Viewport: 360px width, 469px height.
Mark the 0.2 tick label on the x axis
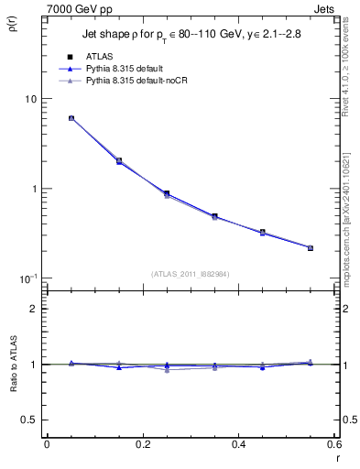pyautogui.click(x=142, y=444)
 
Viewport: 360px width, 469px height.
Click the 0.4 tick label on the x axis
pyautogui.click(x=238, y=444)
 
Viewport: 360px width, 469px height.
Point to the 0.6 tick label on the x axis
pyautogui.click(x=333, y=444)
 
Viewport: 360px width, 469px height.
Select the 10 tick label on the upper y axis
pyautogui.click(x=30, y=99)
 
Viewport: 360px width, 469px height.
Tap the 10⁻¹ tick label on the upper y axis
pyautogui.click(x=28, y=278)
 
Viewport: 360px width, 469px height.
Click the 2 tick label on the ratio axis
pyautogui.click(x=34, y=309)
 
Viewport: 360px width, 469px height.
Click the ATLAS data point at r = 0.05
pyautogui.click(x=71, y=118)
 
